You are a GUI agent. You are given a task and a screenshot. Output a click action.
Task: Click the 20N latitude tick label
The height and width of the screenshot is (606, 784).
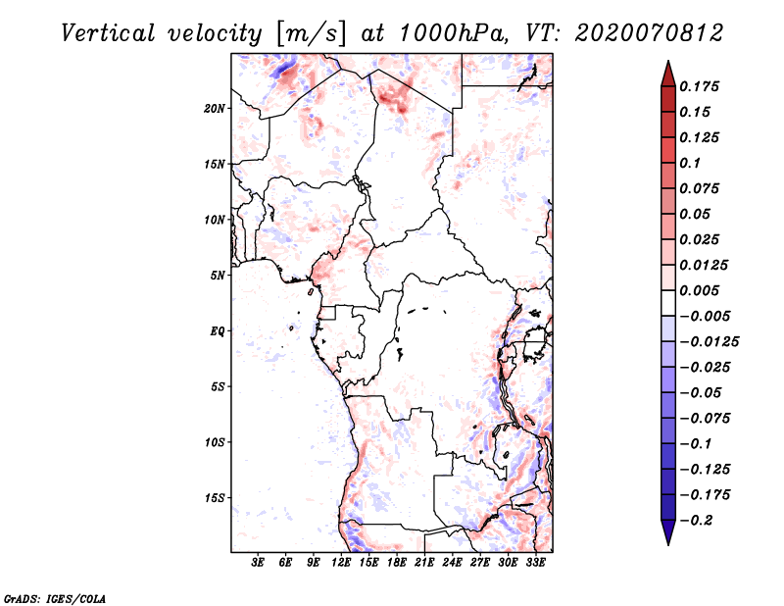(x=215, y=108)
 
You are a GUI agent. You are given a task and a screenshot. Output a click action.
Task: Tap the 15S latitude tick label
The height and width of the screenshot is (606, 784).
(x=215, y=498)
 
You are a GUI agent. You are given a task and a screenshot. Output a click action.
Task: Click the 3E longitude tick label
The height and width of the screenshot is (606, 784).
(x=259, y=563)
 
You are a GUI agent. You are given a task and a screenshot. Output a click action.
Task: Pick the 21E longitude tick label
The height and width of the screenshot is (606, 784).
(x=424, y=563)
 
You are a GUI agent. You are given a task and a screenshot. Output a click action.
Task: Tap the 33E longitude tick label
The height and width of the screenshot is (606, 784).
(x=535, y=563)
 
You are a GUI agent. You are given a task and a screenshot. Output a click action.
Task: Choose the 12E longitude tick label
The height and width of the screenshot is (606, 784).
(x=341, y=563)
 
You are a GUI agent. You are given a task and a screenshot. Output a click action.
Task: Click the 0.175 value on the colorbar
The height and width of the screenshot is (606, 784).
(x=700, y=86)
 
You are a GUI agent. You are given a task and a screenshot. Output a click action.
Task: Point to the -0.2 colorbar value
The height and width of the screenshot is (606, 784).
(x=697, y=520)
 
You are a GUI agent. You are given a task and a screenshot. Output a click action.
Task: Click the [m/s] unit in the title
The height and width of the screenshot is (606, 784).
(x=312, y=33)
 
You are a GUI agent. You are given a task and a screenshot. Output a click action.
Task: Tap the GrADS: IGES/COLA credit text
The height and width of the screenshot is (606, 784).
(x=42, y=596)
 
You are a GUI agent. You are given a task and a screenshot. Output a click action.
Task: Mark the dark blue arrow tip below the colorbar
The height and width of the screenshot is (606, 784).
(x=667, y=536)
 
